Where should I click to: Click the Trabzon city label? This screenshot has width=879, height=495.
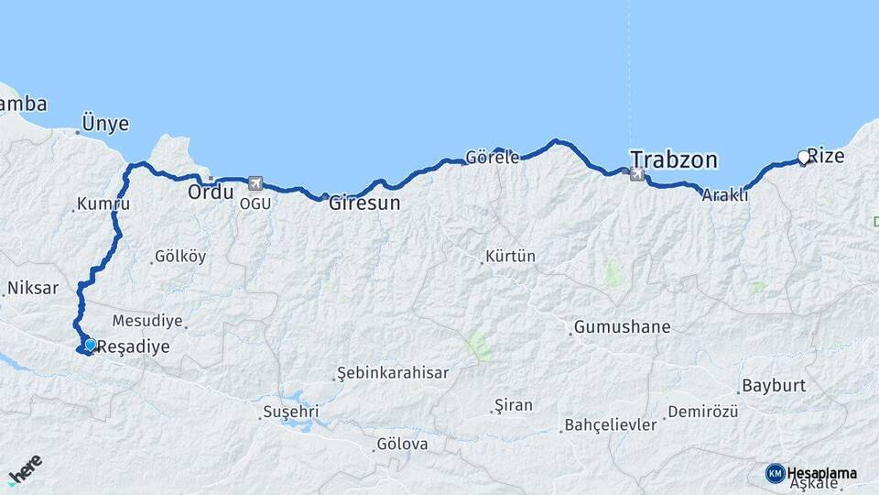[674, 159]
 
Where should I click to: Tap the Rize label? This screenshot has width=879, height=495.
[827, 156]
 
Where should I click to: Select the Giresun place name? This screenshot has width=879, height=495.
[365, 203]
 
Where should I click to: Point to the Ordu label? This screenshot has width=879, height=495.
[211, 192]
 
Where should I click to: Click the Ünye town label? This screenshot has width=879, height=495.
[105, 124]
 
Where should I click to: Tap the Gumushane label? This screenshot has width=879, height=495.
[623, 327]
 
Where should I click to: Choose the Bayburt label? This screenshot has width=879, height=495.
[772, 385]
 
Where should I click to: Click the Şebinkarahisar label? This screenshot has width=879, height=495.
[393, 373]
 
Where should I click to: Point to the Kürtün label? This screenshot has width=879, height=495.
[511, 257]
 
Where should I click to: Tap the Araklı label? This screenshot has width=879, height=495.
[725, 195]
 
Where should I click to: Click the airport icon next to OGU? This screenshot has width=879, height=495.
[255, 183]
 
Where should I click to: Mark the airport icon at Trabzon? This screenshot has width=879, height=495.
[636, 173]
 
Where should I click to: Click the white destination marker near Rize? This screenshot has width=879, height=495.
[804, 158]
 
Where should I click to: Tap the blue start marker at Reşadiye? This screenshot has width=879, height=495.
[90, 345]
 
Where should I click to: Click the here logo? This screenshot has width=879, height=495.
[25, 468]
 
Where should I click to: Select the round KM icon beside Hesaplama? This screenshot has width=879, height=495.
[775, 473]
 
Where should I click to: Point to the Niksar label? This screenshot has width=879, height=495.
[33, 288]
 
